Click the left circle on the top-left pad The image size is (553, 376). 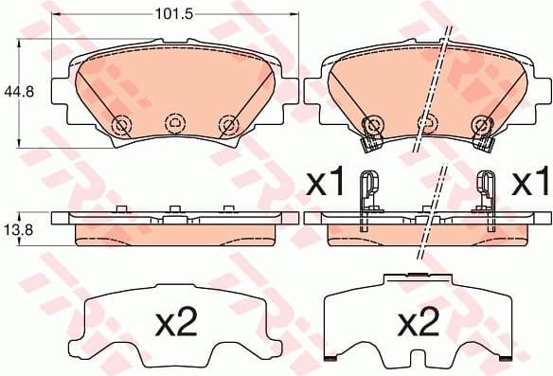[x=120, y=124]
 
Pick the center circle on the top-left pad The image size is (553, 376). [x=172, y=122]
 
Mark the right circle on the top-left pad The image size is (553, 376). [x=226, y=123]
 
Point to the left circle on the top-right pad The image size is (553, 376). [x=372, y=123]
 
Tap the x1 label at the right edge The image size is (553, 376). [x=530, y=184]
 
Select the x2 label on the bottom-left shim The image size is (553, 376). [x=174, y=324]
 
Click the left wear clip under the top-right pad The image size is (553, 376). [x=371, y=143]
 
